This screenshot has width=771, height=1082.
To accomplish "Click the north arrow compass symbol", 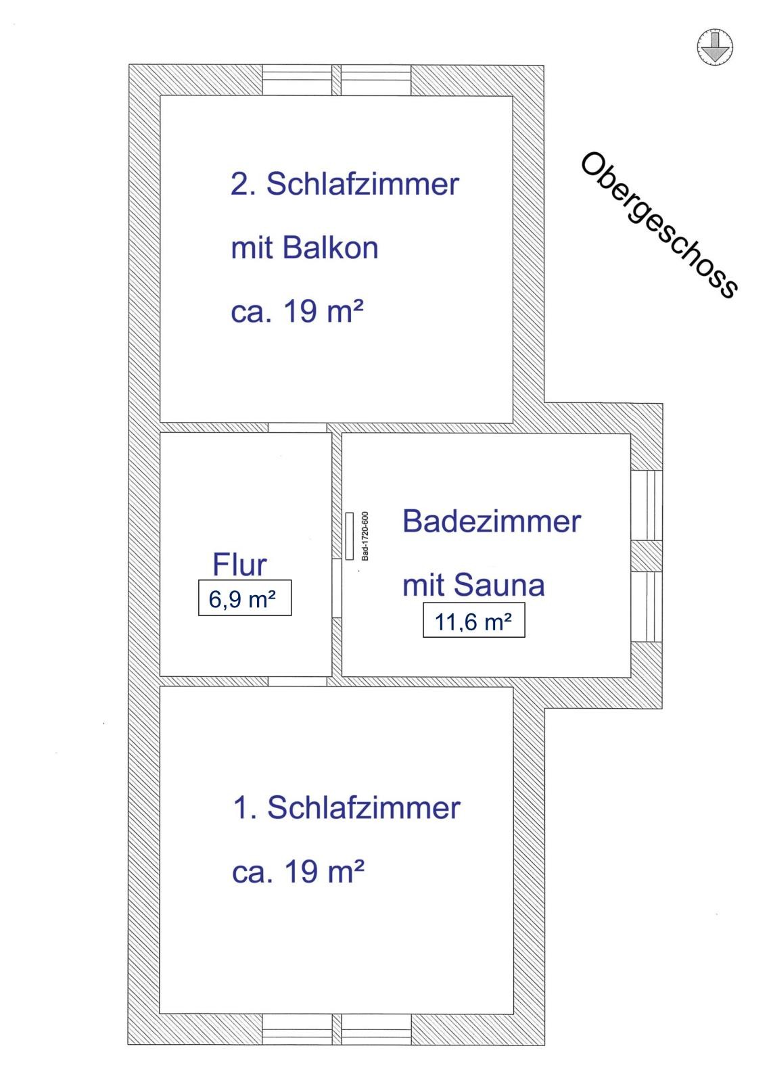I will (714, 47).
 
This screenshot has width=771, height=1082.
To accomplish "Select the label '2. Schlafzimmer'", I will (344, 184).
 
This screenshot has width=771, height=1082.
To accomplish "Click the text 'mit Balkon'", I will (304, 248).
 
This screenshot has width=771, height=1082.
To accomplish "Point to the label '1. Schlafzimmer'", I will (346, 807).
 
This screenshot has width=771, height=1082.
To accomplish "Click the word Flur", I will (239, 565).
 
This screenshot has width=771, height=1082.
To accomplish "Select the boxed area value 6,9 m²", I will (244, 598).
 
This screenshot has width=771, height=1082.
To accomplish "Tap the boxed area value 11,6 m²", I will (473, 620).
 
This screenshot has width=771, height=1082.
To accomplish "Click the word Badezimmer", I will (492, 521).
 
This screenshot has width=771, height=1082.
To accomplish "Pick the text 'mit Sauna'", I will (473, 585).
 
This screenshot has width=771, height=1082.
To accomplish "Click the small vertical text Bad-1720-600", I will (365, 536).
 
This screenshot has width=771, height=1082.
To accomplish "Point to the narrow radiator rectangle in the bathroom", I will (350, 536).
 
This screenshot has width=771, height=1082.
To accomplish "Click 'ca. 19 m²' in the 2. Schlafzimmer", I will (298, 312).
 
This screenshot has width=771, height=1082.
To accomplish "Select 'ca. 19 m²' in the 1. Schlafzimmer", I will (298, 872).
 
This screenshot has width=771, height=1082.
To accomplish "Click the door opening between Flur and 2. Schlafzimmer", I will (298, 428).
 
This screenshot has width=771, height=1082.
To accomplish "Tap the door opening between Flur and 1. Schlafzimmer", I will (298, 681).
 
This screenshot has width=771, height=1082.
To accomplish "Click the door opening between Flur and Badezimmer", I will (337, 588).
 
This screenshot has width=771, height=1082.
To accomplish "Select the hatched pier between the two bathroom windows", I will (647, 556).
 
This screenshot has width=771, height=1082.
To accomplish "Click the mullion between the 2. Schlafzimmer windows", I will (336, 80).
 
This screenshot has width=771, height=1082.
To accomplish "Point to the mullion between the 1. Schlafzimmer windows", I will (336, 1029).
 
